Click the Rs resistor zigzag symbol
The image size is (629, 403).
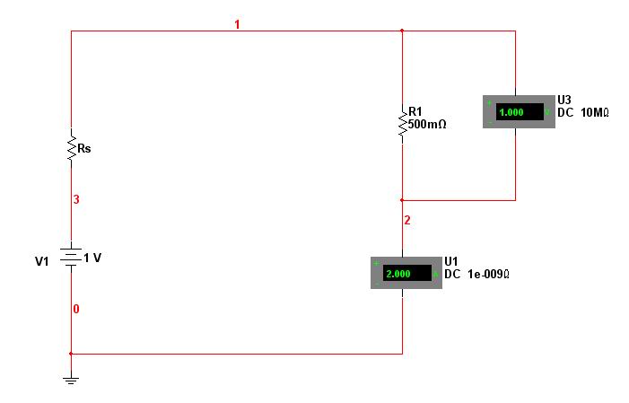(72, 148)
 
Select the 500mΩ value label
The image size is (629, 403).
(427, 125)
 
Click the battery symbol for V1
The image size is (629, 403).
(71, 257)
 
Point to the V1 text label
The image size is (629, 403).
(41, 261)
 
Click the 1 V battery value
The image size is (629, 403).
(92, 258)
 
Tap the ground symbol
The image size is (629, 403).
(71, 381)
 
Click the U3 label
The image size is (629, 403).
(564, 100)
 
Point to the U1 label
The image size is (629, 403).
(451, 262)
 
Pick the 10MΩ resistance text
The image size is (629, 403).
(595, 113)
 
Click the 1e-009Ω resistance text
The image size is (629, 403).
(489, 275)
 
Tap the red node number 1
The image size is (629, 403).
(237, 24)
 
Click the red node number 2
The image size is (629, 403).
(407, 220)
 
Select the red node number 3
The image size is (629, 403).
(76, 199)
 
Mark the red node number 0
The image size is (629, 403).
(76, 309)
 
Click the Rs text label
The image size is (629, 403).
(84, 148)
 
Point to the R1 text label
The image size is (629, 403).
(415, 111)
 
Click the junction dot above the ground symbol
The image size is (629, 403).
(71, 354)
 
